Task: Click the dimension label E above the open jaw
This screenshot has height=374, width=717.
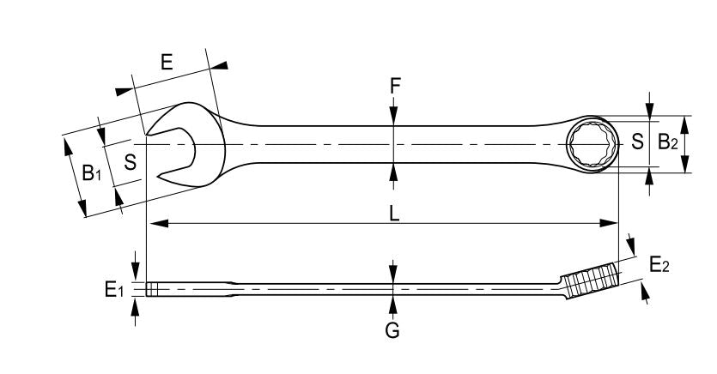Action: tap(167, 62)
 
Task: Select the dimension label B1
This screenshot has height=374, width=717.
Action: tap(92, 173)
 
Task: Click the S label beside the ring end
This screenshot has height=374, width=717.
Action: tap(637, 142)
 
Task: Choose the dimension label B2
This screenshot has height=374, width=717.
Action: tap(668, 143)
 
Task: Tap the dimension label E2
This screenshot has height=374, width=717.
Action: tap(659, 265)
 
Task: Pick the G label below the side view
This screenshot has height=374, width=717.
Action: tap(392, 329)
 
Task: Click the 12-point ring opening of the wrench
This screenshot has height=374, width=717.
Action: tap(592, 144)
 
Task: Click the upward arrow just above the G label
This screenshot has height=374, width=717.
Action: tap(392, 305)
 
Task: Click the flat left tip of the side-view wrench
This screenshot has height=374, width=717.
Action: tap(149, 289)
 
